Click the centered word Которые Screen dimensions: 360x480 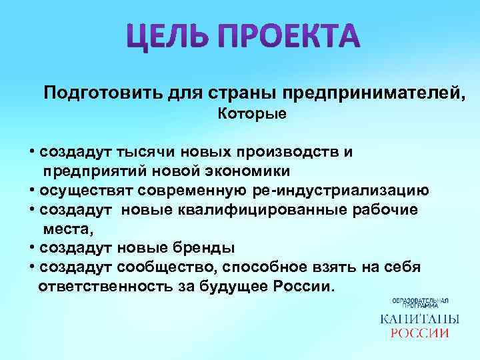(253, 114)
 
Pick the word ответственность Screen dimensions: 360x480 (105, 287)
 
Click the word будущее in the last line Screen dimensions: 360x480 (233, 287)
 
